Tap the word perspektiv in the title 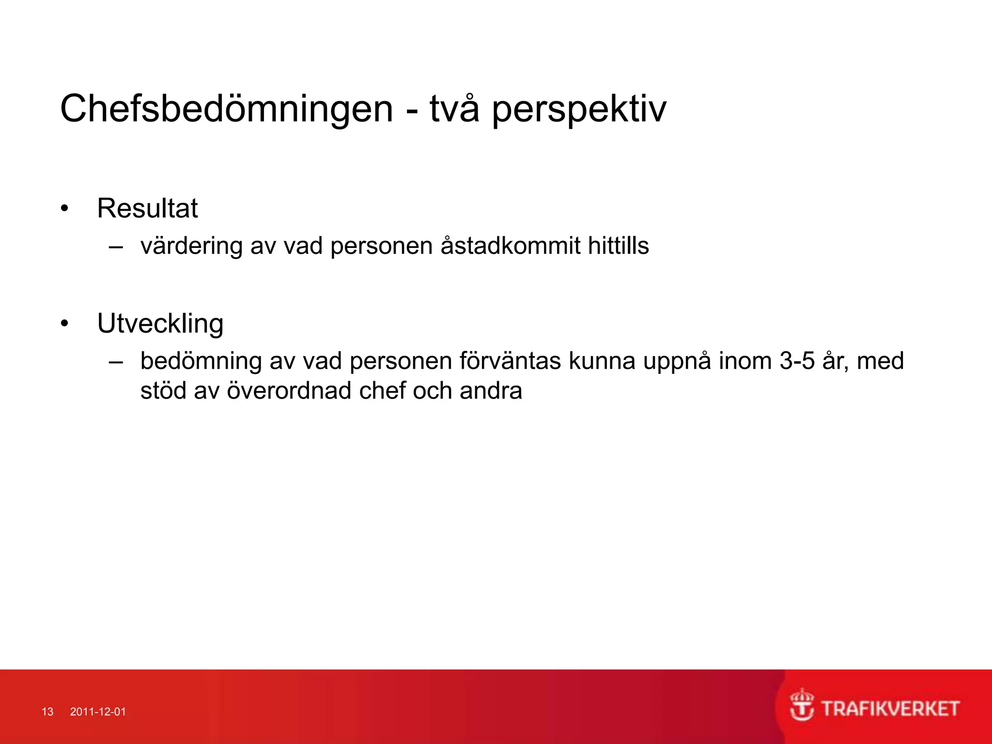pos(579,109)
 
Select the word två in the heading pos(454,108)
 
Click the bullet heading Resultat pos(147,208)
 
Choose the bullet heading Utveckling pos(160,324)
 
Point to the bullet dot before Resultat pos(64,209)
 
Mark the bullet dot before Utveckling pos(64,324)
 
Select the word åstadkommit pos(510,246)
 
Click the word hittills pos(618,246)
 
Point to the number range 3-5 pos(797,361)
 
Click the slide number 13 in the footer pos(47,712)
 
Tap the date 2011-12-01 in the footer pos(98,712)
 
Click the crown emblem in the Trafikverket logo pos(802,705)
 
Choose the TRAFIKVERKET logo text pos(890,709)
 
